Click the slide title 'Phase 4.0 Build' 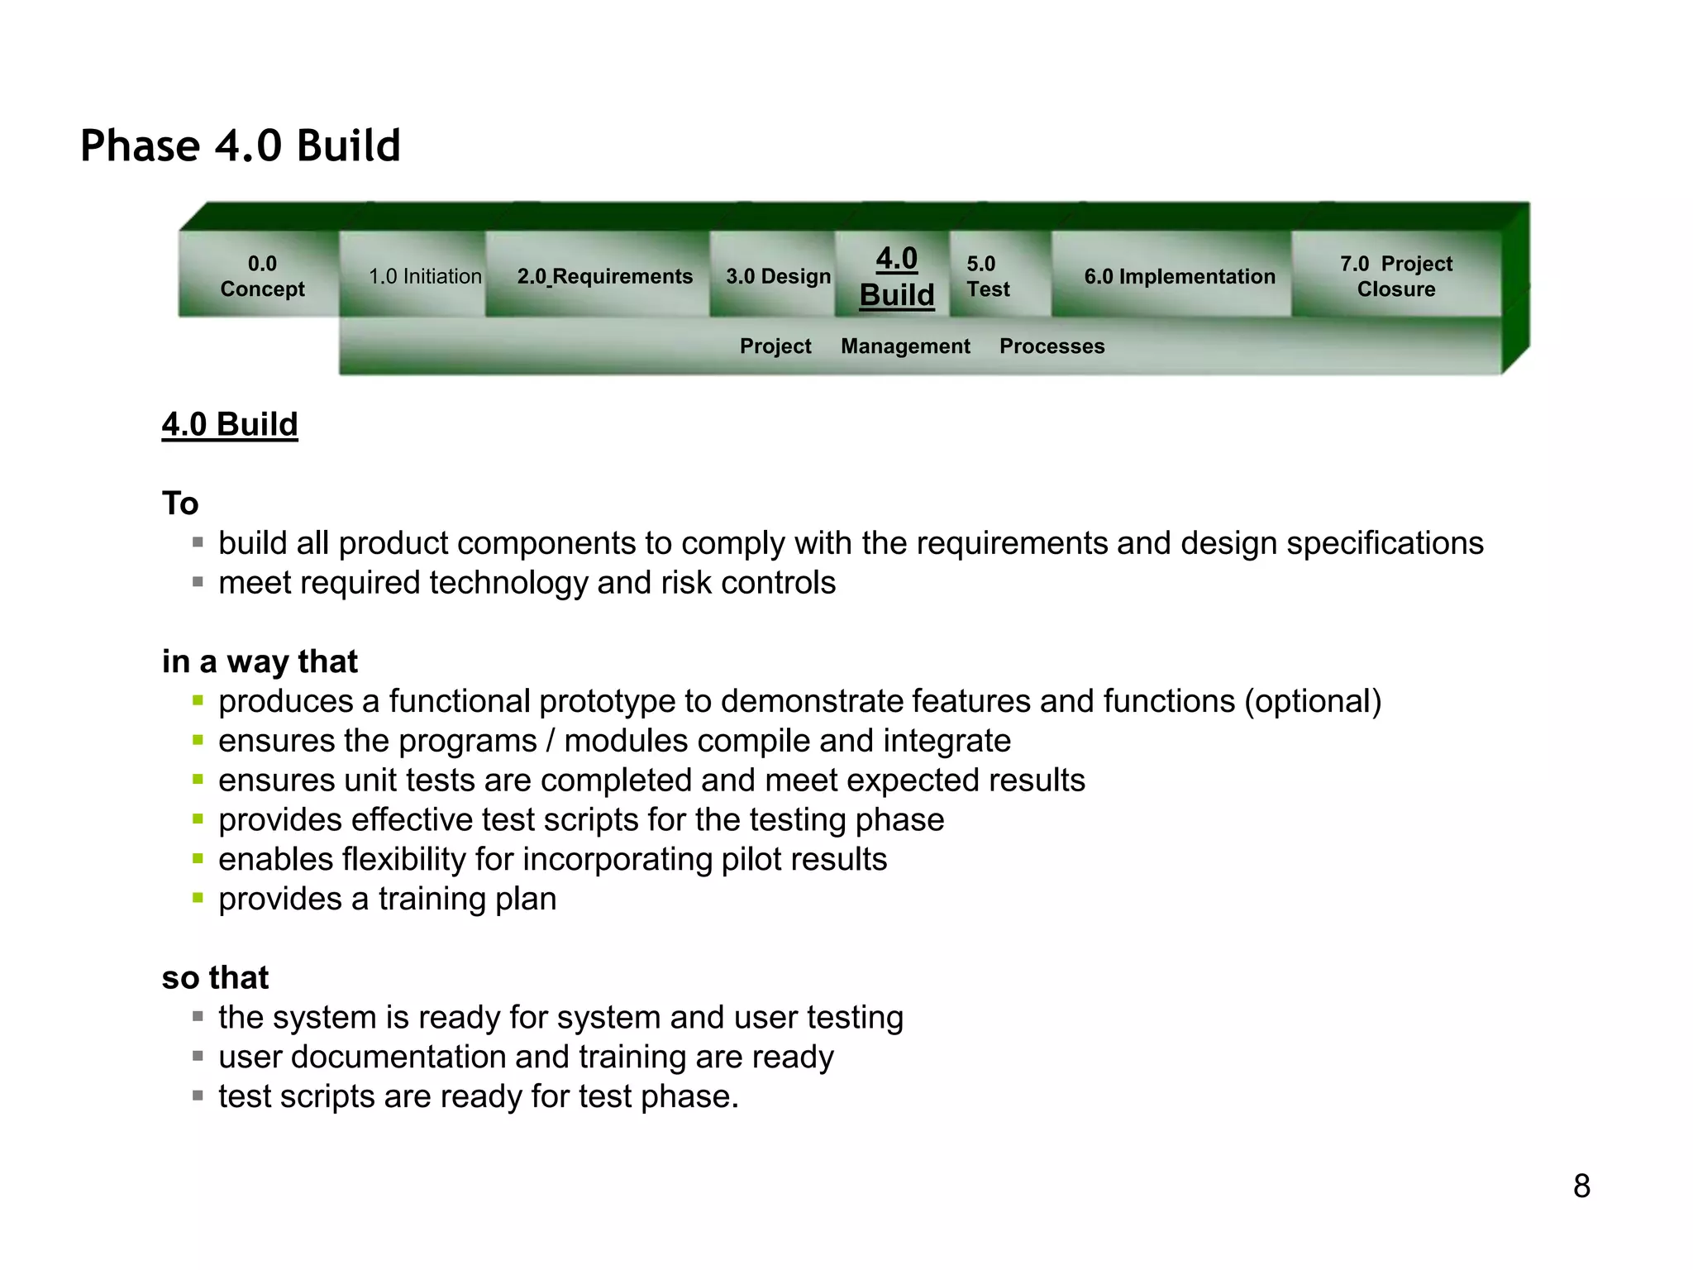(240, 146)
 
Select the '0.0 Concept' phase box (261, 276)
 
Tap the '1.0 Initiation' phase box (424, 276)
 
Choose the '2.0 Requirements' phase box (604, 276)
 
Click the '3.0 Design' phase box (778, 276)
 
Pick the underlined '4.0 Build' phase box (896, 276)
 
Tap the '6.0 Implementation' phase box (1179, 276)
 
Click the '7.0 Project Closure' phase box (1395, 276)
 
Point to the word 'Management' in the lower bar (905, 346)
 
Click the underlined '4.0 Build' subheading (230, 424)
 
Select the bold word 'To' (180, 504)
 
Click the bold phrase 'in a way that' (260, 661)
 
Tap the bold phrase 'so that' (215, 977)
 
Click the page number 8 (1581, 1186)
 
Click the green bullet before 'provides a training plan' (198, 898)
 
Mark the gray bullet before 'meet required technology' (198, 582)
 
